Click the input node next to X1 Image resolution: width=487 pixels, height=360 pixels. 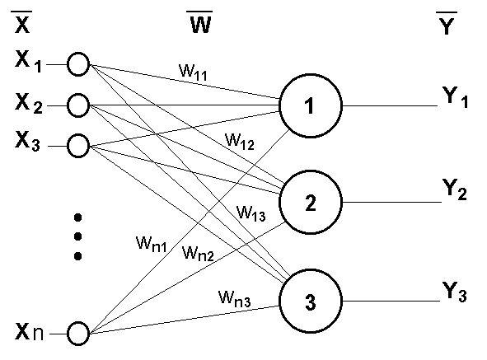tap(68, 64)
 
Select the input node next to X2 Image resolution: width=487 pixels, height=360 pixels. tap(68, 105)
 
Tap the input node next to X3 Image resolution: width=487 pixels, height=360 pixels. tap(68, 146)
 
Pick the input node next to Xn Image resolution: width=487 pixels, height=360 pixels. tap(68, 334)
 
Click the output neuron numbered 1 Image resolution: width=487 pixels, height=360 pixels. tap(280, 105)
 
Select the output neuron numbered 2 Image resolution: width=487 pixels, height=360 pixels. tap(280, 202)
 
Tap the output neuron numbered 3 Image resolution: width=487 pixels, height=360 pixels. tap(280, 301)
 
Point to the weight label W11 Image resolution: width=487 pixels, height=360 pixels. tap(193, 72)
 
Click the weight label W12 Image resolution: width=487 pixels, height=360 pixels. tap(240, 141)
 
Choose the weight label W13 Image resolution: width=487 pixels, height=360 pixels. tap(251, 213)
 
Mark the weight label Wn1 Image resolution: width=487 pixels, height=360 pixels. tap(152, 244)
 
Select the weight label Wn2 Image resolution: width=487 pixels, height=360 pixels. tap(198, 253)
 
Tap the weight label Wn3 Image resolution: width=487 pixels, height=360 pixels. tap(235, 298)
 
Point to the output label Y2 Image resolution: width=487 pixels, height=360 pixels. tap(454, 189)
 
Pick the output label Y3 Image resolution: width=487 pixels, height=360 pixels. tap(454, 292)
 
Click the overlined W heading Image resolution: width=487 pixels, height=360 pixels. tap(200, 21)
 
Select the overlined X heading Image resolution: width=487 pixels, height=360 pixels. tap(22, 21)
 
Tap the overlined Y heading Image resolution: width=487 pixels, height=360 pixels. tap(447, 23)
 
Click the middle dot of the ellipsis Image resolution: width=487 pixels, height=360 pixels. tap(78, 236)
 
